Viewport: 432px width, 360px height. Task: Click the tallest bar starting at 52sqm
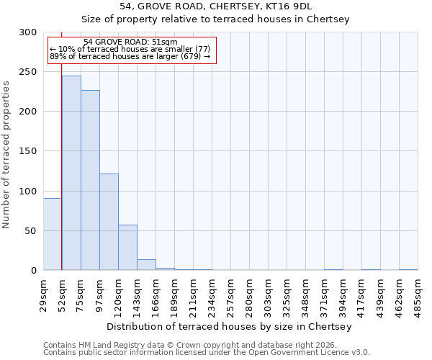click(71, 173)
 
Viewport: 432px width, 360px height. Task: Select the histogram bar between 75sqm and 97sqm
click(90, 180)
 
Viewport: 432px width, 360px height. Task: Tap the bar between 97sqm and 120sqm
click(109, 222)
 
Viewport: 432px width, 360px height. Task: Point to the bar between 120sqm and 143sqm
click(127, 248)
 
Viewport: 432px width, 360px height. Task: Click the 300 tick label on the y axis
click(28, 32)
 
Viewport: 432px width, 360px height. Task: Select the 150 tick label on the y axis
click(28, 151)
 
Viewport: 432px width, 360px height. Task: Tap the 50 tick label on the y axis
click(31, 231)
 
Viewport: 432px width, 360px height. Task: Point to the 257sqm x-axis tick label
click(231, 294)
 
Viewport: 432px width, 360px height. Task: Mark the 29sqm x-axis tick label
click(44, 294)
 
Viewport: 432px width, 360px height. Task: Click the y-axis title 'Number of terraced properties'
click(6, 154)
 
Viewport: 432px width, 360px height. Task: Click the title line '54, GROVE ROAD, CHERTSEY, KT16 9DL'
click(215, 6)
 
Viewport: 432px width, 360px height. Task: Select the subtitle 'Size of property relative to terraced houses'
click(215, 19)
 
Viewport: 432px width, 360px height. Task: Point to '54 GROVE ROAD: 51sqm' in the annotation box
click(130, 42)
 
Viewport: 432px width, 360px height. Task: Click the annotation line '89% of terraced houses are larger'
click(130, 56)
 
